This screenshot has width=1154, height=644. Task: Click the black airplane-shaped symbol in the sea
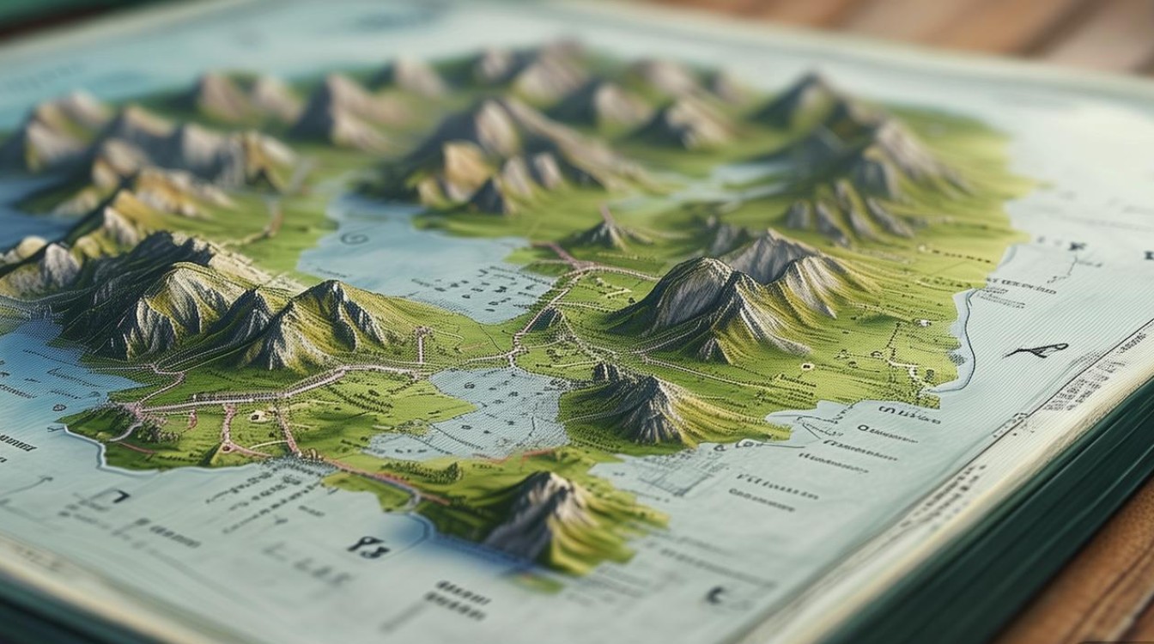(1039, 349)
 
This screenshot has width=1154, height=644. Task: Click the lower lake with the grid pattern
(489, 412)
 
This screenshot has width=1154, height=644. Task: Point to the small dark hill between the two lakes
(546, 319)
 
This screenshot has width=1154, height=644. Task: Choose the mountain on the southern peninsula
(537, 513)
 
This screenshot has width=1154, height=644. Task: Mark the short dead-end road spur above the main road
(421, 343)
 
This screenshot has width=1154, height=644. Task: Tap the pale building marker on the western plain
(257, 416)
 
